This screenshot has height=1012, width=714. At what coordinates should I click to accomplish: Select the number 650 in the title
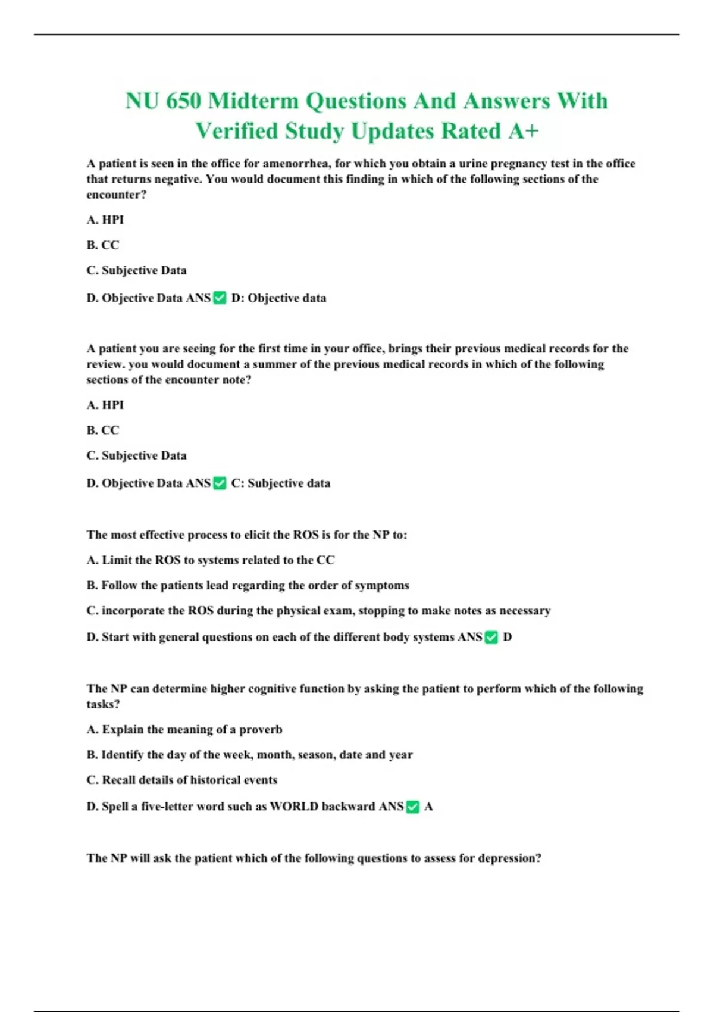point(184,101)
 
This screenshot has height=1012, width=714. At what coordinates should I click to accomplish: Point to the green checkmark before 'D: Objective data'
point(220,298)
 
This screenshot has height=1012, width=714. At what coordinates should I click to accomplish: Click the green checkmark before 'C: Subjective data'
point(220,483)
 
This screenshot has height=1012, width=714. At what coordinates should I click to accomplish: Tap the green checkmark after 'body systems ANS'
point(491,638)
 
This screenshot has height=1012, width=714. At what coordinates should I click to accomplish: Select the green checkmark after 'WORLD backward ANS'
point(412,807)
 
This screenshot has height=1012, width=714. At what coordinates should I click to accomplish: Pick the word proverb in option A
point(261,730)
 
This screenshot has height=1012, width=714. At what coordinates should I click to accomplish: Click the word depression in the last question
point(509,858)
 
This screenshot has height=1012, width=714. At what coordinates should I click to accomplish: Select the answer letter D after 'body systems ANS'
point(508,637)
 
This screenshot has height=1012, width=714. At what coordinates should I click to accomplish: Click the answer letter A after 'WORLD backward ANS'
point(428,807)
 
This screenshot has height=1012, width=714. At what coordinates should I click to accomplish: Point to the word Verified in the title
point(237,132)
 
